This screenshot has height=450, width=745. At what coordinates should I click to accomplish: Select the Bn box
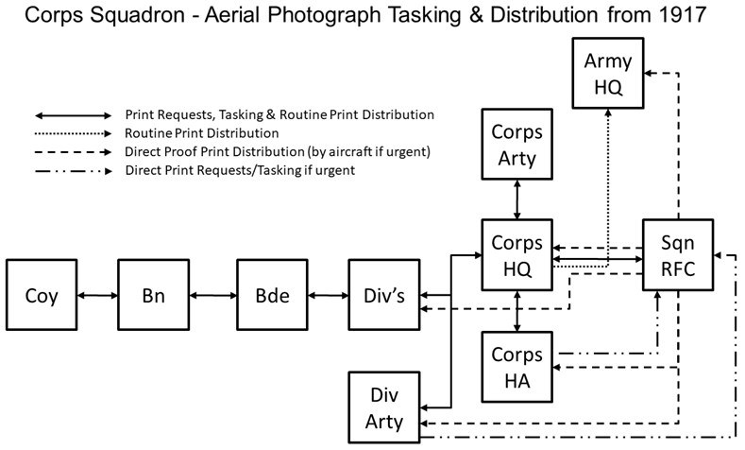pos(154,296)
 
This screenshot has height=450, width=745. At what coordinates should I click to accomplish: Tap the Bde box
pos(274,296)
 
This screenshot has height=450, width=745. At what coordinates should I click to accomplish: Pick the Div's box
pos(384,296)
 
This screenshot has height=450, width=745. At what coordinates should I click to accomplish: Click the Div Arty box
pos(384,408)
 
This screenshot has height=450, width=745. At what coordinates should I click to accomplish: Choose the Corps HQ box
pos(516,255)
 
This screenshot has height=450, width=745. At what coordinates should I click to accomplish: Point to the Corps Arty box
pos(516,146)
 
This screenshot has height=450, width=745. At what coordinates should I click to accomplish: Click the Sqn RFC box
pos(677,255)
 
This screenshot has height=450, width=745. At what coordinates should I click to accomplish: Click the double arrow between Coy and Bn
pos(98,296)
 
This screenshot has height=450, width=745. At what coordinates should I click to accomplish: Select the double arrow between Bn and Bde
pos(213,296)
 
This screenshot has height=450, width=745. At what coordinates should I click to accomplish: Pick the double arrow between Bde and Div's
pos(330,296)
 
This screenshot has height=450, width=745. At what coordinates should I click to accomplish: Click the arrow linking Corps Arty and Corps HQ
pos(516,200)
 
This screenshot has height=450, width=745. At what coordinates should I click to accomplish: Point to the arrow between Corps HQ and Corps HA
pos(516,312)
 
